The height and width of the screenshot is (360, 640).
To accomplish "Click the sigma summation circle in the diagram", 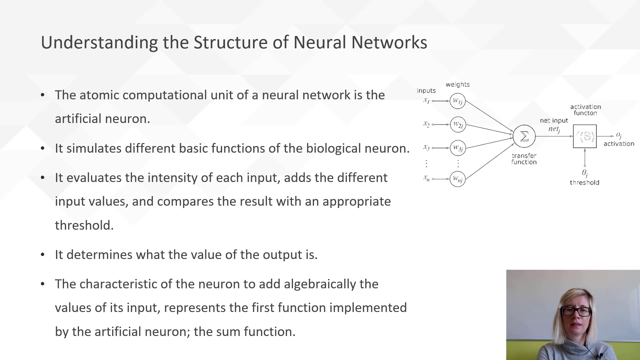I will (x=524, y=136).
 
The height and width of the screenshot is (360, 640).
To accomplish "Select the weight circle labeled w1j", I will (x=457, y=101).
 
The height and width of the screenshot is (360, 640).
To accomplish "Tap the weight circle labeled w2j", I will (x=458, y=125).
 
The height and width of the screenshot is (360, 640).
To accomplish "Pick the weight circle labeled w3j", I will (x=458, y=148).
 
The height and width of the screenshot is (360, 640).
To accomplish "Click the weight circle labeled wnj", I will (x=457, y=179).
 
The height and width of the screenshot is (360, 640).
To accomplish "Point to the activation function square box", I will (x=585, y=136).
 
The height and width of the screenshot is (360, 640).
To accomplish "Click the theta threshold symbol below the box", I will (x=585, y=173).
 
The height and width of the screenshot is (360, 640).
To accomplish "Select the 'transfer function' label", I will (x=524, y=159).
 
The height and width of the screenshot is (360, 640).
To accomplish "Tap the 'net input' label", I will (x=554, y=121).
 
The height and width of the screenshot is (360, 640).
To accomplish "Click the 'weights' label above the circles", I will (x=457, y=85).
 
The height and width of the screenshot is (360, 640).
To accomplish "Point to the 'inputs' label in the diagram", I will (x=426, y=91).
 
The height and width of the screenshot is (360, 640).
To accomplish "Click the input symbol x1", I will (x=426, y=100).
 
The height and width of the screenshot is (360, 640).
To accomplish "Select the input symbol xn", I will (x=426, y=178).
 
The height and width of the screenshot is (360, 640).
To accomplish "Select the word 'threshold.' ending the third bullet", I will (x=84, y=225).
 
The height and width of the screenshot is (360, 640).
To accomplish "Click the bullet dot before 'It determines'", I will (x=43, y=255).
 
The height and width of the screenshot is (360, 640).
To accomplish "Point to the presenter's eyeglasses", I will (x=575, y=312).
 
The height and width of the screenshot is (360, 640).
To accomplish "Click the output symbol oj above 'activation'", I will (x=619, y=135).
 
